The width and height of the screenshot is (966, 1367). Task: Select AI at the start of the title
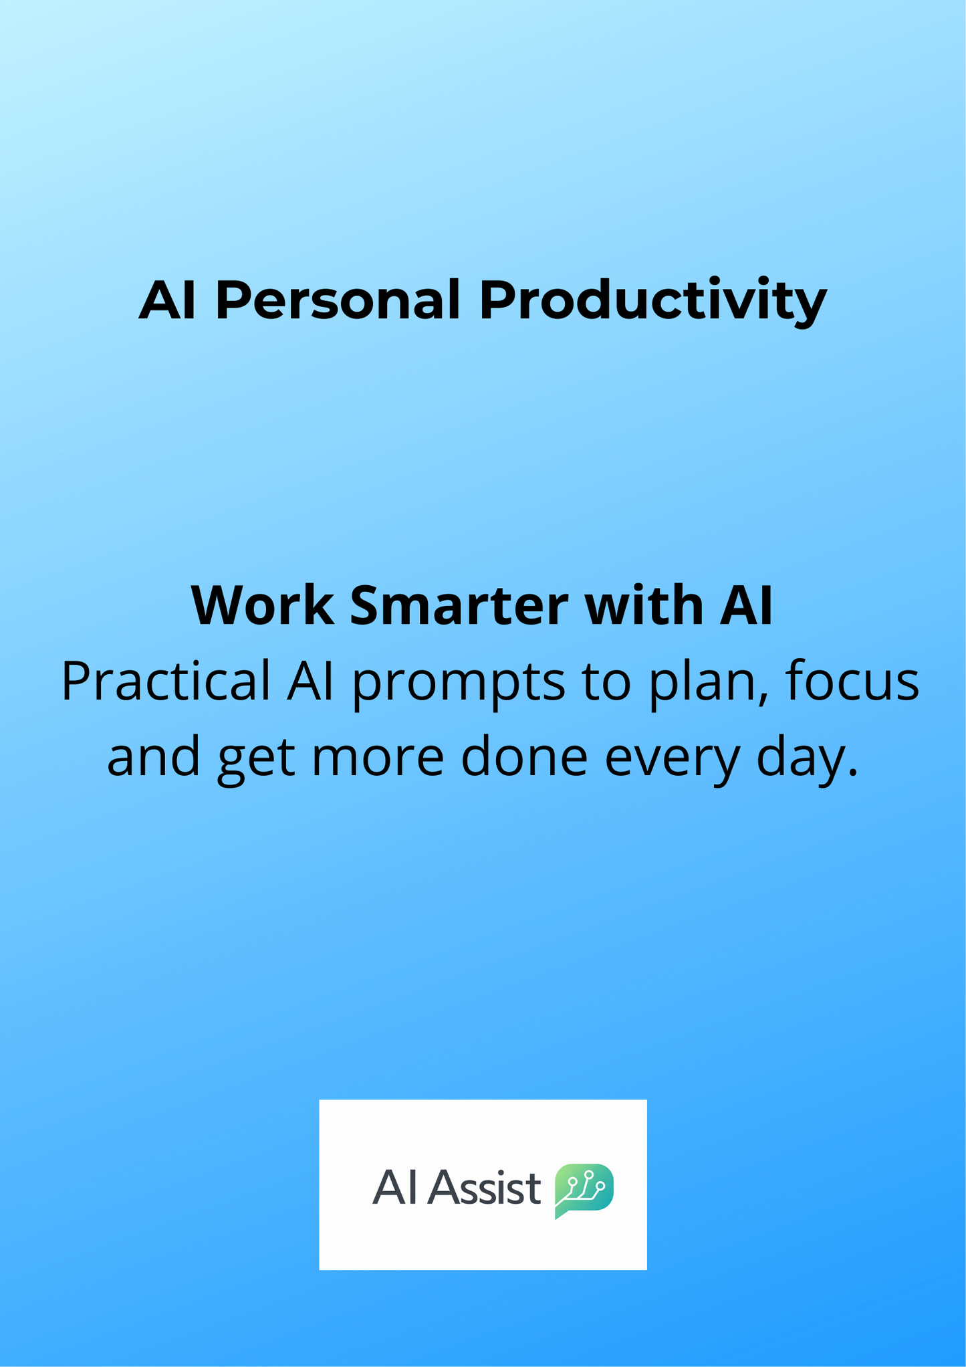click(167, 300)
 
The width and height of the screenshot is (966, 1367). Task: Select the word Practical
click(166, 681)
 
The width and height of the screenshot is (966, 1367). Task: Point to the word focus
click(852, 681)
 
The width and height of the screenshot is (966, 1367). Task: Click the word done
click(524, 757)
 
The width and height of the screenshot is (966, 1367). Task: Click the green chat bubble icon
click(584, 1190)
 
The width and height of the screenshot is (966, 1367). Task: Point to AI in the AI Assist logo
click(394, 1188)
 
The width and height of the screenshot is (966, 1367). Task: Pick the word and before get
click(154, 757)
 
